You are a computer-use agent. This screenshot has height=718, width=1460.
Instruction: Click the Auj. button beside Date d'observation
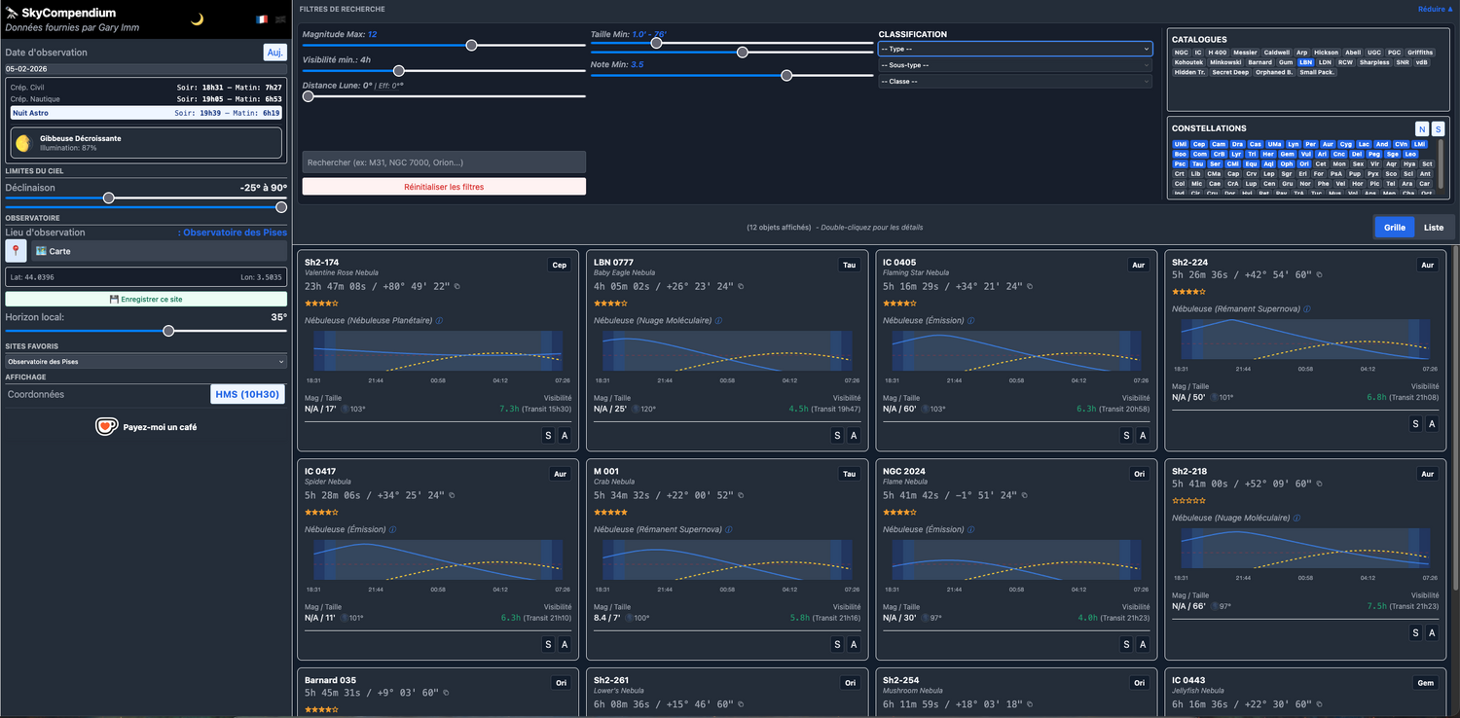275,53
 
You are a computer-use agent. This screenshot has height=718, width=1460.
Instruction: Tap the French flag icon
262,19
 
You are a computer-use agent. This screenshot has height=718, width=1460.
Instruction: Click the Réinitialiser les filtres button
444,187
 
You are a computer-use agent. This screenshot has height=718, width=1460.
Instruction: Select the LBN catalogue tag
1305,62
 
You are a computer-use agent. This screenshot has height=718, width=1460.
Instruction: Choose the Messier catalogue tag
1245,53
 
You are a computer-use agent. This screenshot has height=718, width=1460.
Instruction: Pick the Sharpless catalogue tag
1374,62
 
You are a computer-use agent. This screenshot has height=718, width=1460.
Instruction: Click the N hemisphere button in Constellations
1422,128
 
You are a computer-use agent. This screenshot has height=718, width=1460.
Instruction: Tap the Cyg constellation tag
1345,144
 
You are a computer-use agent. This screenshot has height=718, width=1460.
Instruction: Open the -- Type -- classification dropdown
1015,49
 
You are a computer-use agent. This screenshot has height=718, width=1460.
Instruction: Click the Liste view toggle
1434,227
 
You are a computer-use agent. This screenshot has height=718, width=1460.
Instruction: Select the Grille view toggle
1395,227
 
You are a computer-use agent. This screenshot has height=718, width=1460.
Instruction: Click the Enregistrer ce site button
146,300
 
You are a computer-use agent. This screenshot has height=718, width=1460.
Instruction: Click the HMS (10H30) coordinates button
247,394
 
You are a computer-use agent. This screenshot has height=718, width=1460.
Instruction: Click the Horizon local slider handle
168,331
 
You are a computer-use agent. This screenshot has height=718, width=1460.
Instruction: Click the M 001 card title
606,472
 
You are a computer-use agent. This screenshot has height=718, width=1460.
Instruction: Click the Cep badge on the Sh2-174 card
559,265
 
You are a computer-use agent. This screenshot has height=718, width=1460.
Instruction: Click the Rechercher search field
444,162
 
